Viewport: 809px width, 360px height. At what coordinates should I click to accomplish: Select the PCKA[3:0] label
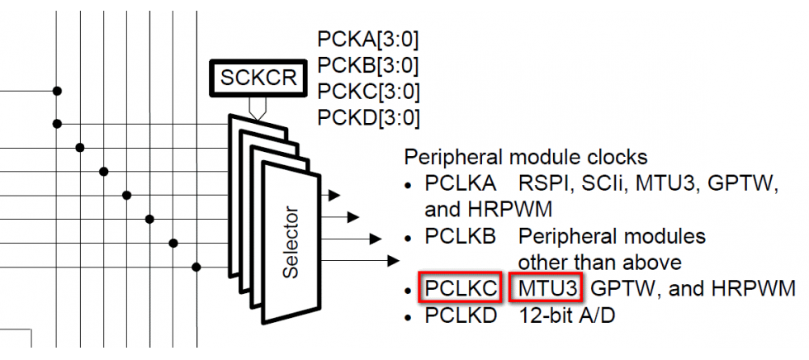tap(367, 40)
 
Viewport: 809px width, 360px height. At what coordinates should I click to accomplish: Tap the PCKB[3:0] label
tap(367, 65)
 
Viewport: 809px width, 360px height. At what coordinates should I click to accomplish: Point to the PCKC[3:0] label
tap(367, 91)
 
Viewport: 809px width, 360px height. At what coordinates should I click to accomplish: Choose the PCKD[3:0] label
tap(367, 117)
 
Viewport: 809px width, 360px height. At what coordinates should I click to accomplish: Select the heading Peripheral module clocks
tap(526, 156)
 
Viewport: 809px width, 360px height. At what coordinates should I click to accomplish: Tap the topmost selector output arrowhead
tap(333, 196)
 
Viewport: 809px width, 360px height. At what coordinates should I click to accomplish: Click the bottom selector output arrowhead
tap(393, 262)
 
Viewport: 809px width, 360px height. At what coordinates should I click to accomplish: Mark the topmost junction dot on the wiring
tap(56, 90)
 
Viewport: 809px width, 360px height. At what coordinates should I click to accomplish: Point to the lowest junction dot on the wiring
tap(196, 267)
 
